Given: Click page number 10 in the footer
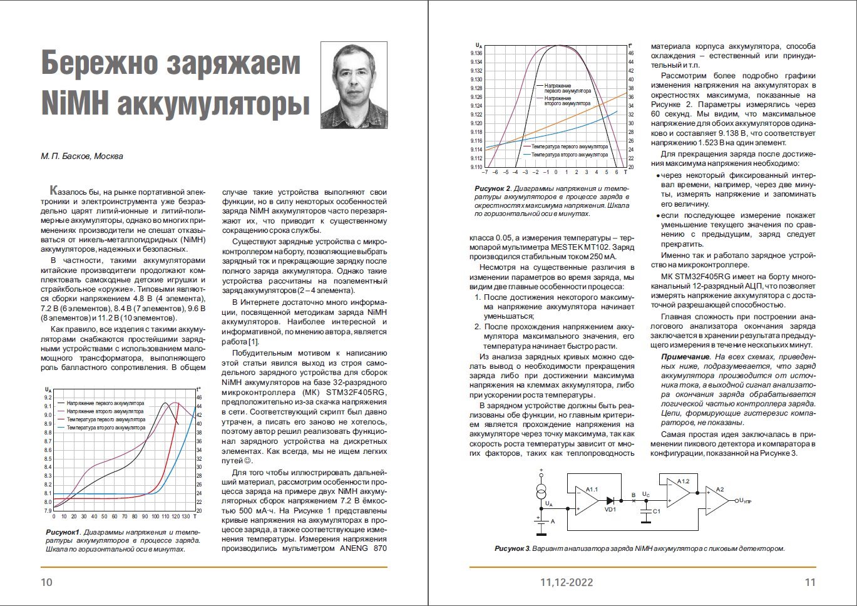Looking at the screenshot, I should (x=46, y=583).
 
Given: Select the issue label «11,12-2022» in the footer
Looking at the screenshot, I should (x=567, y=583).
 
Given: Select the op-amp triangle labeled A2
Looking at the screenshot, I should (x=717, y=500).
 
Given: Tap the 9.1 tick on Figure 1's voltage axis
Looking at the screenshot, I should (x=49, y=406).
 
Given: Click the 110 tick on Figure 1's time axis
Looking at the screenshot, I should (x=165, y=516).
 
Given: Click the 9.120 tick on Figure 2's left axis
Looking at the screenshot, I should (x=476, y=123).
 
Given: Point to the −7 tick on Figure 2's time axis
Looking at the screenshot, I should (x=486, y=172).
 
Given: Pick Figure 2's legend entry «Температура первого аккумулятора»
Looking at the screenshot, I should (x=569, y=146).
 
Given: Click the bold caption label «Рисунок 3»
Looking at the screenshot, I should (x=512, y=548).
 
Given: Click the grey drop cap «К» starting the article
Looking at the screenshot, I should (x=55, y=190).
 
